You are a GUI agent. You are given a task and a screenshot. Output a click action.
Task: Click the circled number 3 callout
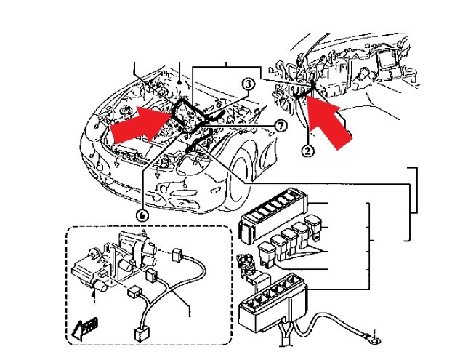pyautogui.click(x=247, y=85)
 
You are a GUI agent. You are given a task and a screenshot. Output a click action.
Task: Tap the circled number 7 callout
pyautogui.click(x=281, y=125)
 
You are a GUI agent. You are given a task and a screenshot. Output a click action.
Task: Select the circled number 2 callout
pyautogui.click(x=309, y=151)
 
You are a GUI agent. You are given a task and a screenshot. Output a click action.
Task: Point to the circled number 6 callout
pyautogui.click(x=142, y=215)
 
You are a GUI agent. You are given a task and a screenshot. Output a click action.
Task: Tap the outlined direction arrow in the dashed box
pyautogui.click(x=85, y=328)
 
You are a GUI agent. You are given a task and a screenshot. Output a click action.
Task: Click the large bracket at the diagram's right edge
pyautogui.click(x=416, y=189)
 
